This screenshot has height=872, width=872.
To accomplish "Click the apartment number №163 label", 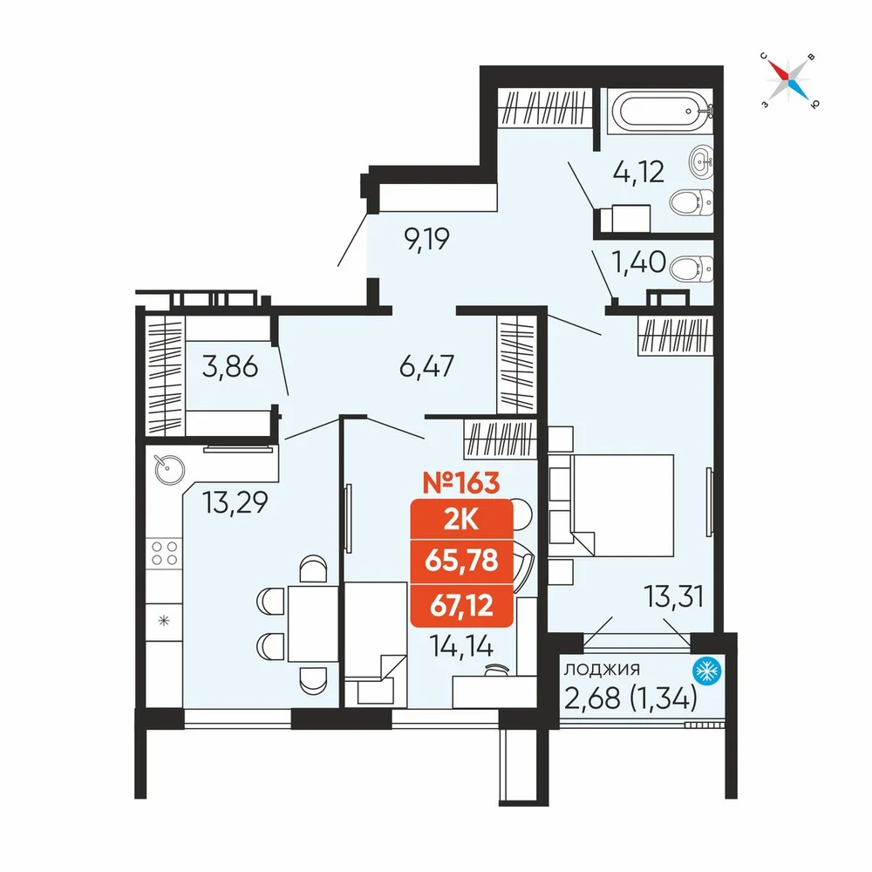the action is click(461, 483).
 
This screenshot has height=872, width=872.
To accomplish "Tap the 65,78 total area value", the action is click(461, 561).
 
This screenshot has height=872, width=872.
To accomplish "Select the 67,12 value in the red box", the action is click(461, 605).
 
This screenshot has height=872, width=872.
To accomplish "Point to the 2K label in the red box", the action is click(461, 519).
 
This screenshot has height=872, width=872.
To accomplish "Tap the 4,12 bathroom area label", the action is click(638, 172).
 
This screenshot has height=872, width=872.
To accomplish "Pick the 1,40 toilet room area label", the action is click(638, 262).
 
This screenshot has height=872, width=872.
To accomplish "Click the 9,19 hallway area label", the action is click(426, 239).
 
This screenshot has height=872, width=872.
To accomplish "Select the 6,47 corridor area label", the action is click(426, 366).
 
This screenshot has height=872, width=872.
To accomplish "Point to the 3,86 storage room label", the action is click(229, 367).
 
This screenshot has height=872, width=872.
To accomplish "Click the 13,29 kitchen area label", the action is click(235, 502).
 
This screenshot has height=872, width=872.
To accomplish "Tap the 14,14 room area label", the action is click(461, 645).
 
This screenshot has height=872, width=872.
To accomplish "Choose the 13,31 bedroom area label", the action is click(674, 596).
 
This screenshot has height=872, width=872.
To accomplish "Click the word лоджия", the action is click(602, 669).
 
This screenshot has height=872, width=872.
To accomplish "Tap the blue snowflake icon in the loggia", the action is click(707, 671).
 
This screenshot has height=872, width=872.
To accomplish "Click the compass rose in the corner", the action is click(789, 80).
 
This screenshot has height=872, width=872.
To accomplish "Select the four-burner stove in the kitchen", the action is click(164, 554).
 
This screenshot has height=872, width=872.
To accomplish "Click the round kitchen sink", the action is click(169, 470).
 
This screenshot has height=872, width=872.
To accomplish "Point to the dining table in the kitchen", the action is click(313, 623).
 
